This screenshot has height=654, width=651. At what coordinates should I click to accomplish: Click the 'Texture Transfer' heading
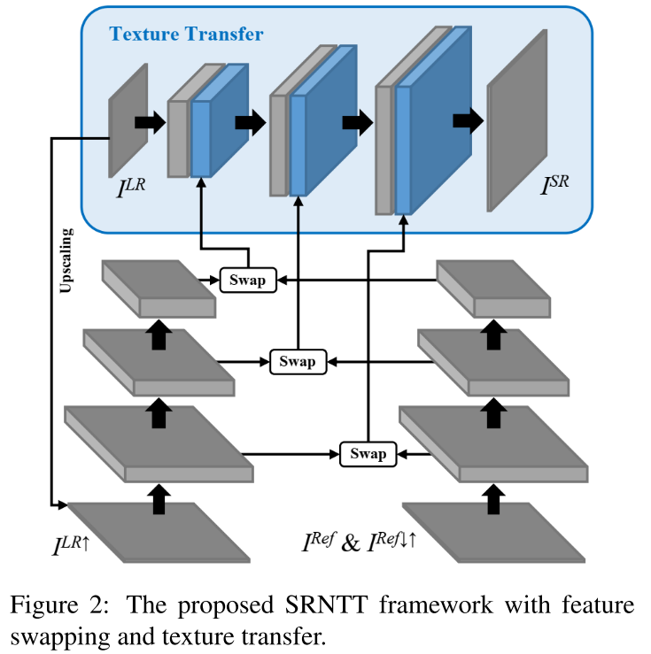click(186, 35)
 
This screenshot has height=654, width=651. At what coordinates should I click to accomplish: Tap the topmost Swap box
click(248, 281)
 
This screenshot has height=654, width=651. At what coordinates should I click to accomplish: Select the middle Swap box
click(297, 361)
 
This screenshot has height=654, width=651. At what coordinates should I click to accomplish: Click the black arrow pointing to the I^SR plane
click(466, 120)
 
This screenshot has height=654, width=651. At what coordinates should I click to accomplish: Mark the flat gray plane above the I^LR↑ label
click(159, 530)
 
